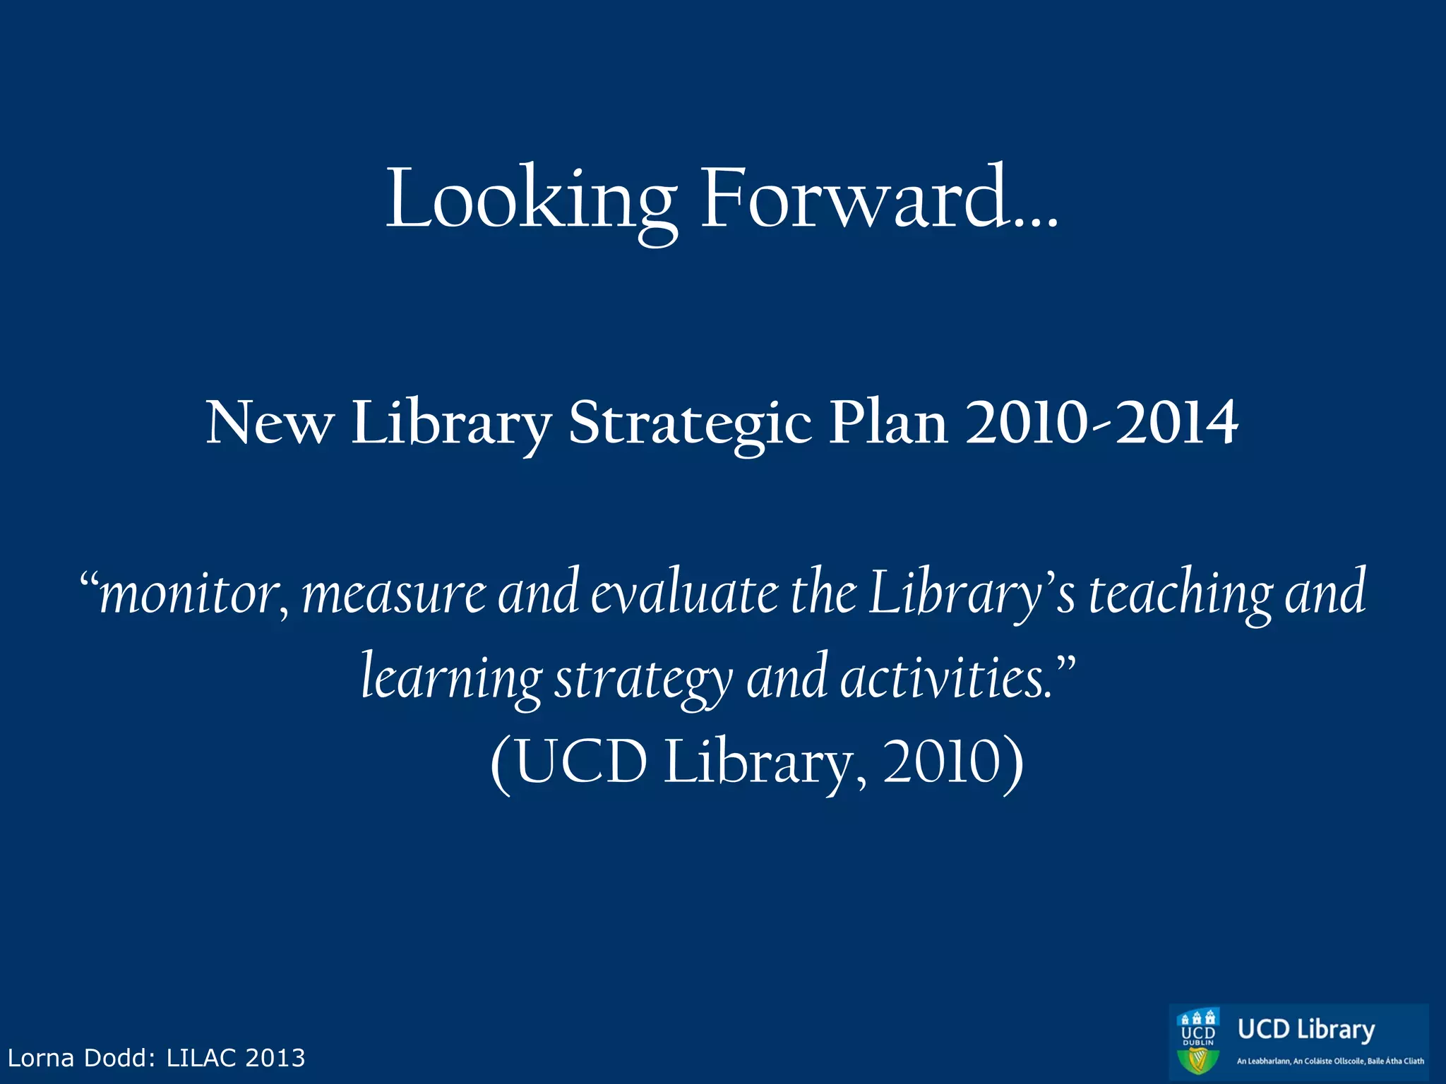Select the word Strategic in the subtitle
(689, 423)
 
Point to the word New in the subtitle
(269, 423)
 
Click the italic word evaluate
(683, 593)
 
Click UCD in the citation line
(580, 762)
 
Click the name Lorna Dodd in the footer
(80, 1058)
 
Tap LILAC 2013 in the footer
(236, 1058)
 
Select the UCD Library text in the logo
(1306, 1030)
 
